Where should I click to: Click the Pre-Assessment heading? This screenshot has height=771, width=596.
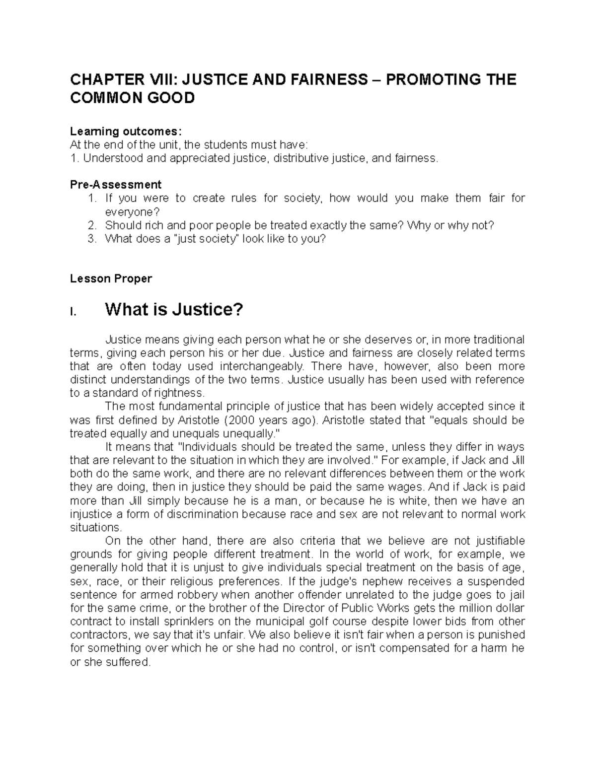pos(116,185)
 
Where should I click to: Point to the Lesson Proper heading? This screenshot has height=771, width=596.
pos(111,279)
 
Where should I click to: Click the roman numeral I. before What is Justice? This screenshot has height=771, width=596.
pos(74,312)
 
